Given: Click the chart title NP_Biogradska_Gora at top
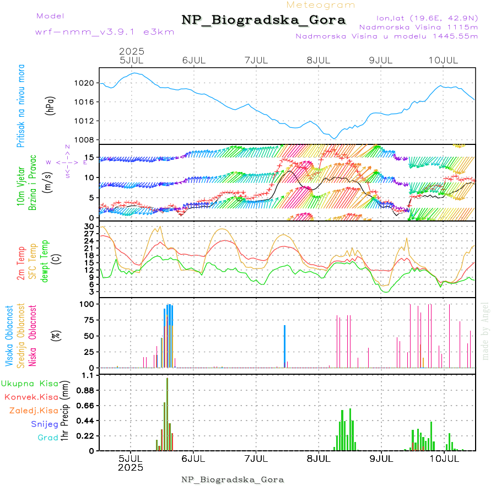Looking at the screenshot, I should [x=263, y=20].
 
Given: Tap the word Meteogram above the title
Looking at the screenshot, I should [x=321, y=5].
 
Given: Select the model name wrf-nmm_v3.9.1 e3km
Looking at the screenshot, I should [x=105, y=31].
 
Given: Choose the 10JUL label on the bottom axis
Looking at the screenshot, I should [x=444, y=458].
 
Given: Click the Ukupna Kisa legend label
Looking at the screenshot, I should [x=29, y=383].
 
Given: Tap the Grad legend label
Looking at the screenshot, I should [x=48, y=438].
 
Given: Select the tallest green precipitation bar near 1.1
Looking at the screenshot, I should [x=167, y=413].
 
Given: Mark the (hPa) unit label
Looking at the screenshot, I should [x=51, y=105].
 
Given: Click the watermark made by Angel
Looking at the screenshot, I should [x=486, y=331].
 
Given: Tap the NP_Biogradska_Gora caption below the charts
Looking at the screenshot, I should [x=233, y=479].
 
